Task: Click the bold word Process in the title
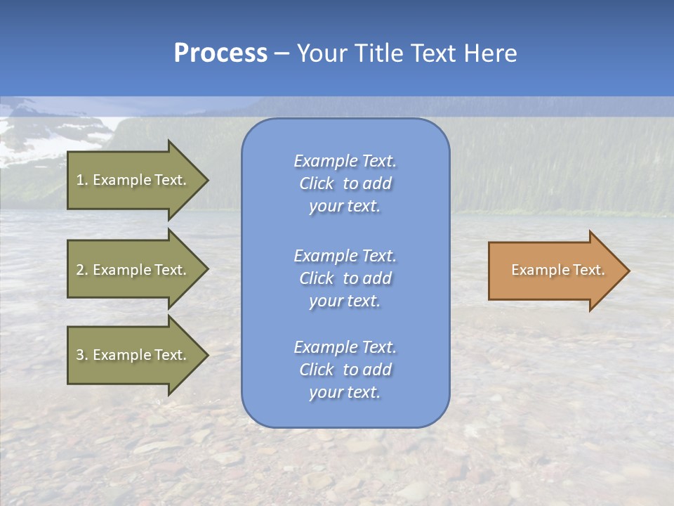pos(220,53)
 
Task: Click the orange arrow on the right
pos(555,270)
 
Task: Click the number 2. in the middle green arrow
pos(81,270)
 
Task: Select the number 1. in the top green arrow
pos(81,180)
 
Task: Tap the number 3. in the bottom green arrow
pos(81,355)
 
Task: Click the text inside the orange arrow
pos(557,270)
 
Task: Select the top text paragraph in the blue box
pos(345,183)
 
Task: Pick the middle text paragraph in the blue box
pos(345,278)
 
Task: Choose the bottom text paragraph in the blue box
pos(345,370)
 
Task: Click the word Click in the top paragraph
pos(317,183)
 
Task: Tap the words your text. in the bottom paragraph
pos(345,392)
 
